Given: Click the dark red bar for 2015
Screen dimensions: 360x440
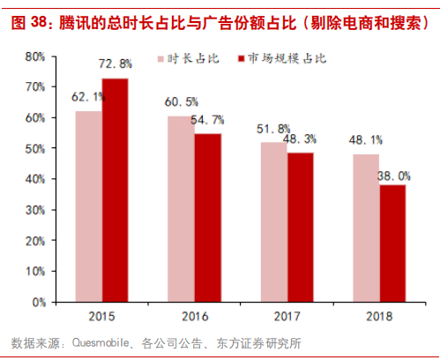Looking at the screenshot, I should pyautogui.click(x=115, y=190).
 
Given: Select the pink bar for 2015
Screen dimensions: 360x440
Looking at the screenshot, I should pyautogui.click(x=88, y=206).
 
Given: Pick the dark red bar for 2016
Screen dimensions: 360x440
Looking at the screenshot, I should pyautogui.click(x=207, y=218).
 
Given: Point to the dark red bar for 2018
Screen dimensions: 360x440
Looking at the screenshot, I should pyautogui.click(x=392, y=244).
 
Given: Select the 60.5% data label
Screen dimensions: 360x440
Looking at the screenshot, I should pyautogui.click(x=182, y=102).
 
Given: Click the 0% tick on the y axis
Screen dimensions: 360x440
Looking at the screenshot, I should pyautogui.click(x=38, y=303).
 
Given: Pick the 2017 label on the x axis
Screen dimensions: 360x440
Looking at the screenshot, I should pyautogui.click(x=287, y=316).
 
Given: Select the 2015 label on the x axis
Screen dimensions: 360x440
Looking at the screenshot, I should pyautogui.click(x=101, y=316).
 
